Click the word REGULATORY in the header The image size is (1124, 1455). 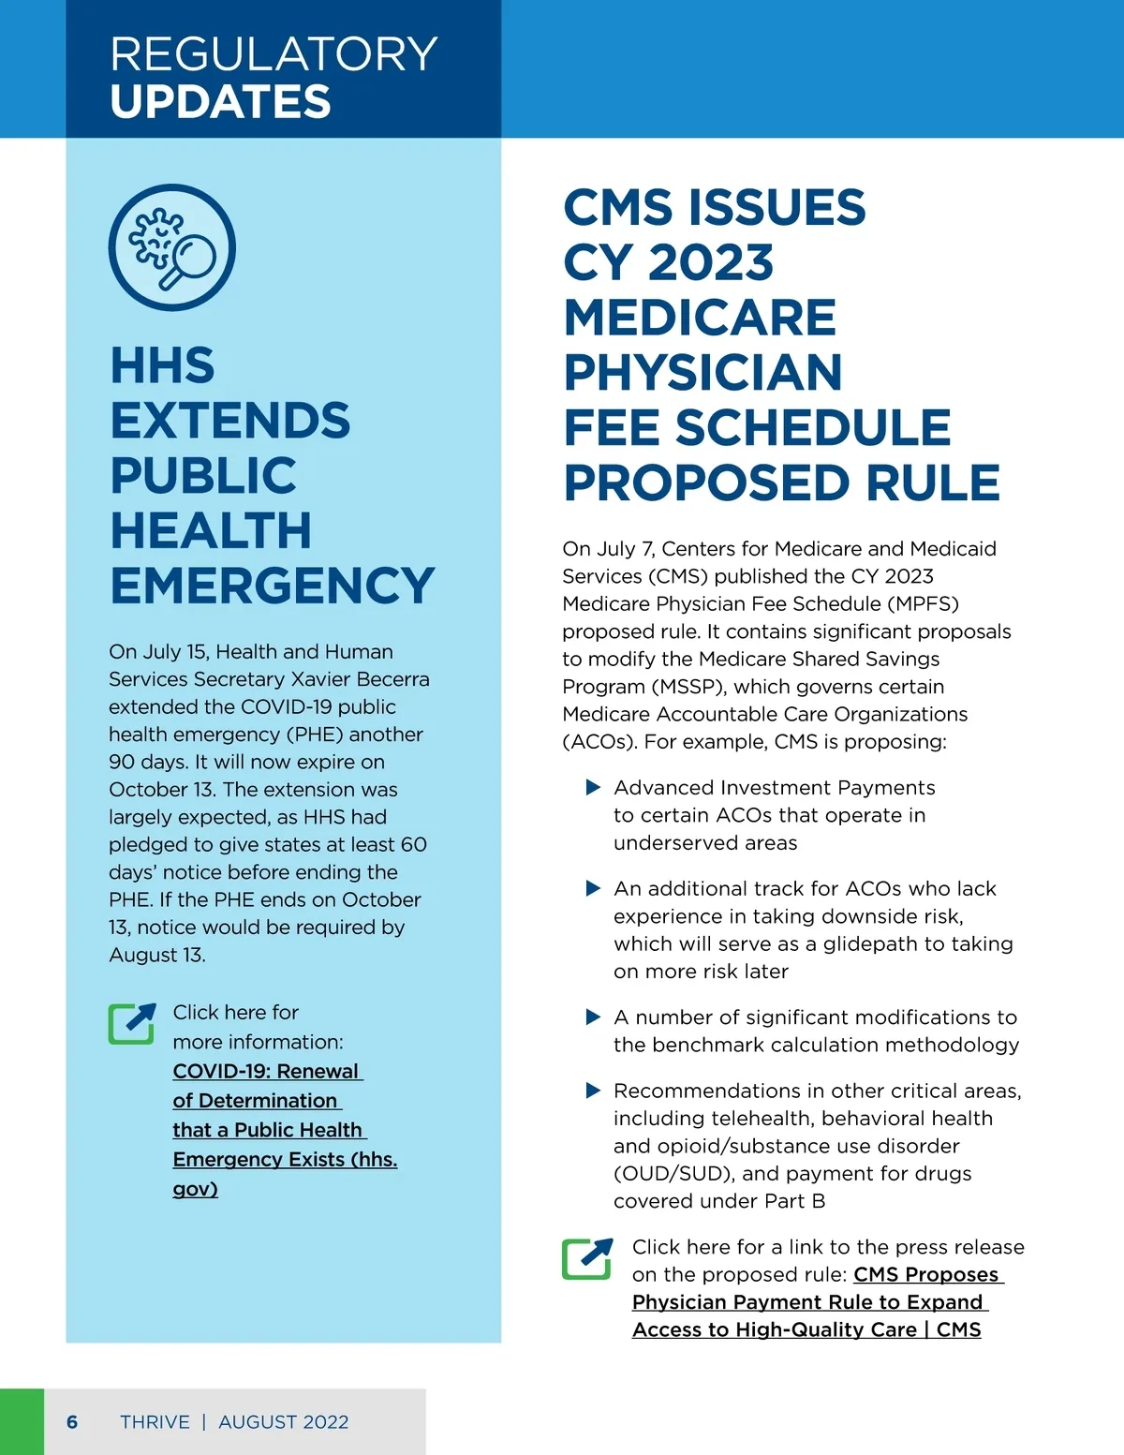pyautogui.click(x=274, y=54)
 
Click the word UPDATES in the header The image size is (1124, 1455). pyautogui.click(x=220, y=102)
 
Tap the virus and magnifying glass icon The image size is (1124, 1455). pyautogui.click(x=172, y=247)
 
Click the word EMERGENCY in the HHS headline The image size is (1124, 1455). pyautogui.click(x=273, y=586)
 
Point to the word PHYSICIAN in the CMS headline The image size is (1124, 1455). pyautogui.click(x=702, y=373)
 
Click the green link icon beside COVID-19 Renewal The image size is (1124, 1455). pyautogui.click(x=132, y=1024)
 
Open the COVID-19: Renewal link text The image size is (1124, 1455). pyautogui.click(x=266, y=1071)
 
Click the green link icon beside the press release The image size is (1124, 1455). pyautogui.click(x=587, y=1258)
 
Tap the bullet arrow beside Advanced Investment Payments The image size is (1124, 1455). pyautogui.click(x=593, y=787)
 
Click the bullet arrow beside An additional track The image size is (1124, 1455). pyautogui.click(x=593, y=888)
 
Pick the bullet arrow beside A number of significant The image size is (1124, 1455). pyautogui.click(x=593, y=1017)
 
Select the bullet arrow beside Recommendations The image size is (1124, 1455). pyautogui.click(x=593, y=1091)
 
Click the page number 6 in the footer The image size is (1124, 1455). pyautogui.click(x=72, y=1422)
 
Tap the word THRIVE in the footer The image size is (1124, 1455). pyautogui.click(x=155, y=1422)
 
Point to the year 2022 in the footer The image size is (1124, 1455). pyautogui.click(x=325, y=1422)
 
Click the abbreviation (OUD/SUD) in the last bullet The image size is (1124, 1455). pyautogui.click(x=674, y=1174)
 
